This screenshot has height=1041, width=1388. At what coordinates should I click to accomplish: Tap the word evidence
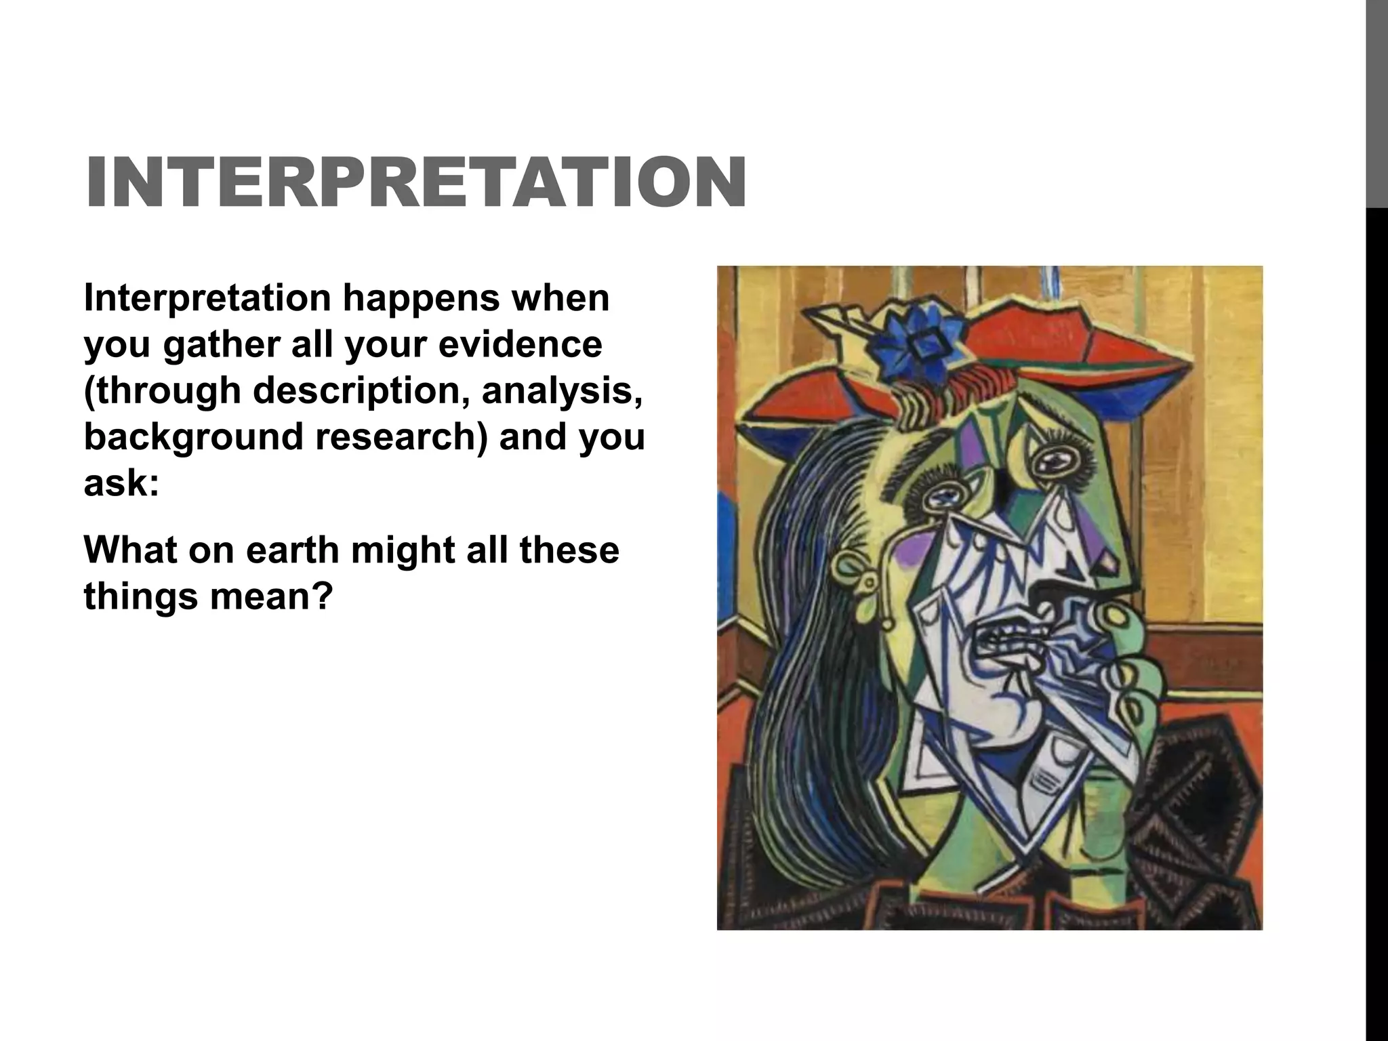pos(520,344)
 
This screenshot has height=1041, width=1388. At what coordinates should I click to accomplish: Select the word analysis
pos(562,390)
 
